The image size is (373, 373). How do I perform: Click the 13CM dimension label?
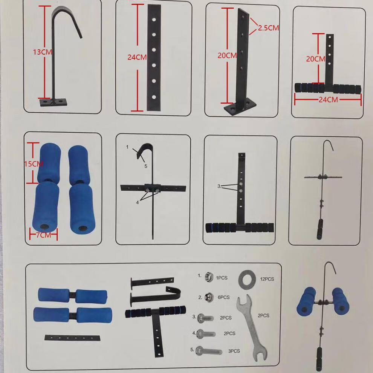click(43, 52)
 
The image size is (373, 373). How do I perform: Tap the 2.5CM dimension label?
click(268, 28)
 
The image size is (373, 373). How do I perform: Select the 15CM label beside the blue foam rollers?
click(34, 164)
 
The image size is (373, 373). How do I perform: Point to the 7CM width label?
click(44, 235)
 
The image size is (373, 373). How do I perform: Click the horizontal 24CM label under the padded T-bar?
click(328, 99)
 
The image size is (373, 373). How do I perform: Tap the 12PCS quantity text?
click(267, 279)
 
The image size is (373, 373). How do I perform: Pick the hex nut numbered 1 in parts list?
click(209, 277)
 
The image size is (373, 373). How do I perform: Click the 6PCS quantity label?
click(223, 297)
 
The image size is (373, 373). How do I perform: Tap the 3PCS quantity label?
click(234, 351)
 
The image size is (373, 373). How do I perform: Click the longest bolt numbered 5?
click(209, 351)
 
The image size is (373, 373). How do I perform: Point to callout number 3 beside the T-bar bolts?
click(219, 186)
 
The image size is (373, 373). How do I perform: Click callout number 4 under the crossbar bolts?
click(137, 202)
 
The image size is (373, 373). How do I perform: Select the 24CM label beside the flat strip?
click(137, 57)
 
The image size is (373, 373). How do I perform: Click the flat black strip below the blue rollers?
click(72, 338)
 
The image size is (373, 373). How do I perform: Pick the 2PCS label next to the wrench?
click(263, 316)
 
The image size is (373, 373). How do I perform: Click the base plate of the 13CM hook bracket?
click(53, 102)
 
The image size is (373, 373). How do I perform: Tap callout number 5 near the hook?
click(146, 166)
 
